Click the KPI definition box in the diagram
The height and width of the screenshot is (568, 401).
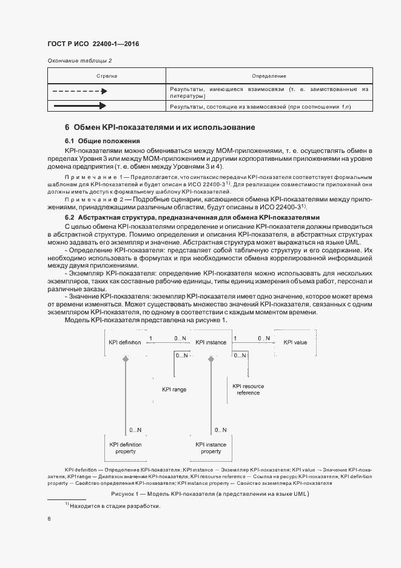(x=125, y=342)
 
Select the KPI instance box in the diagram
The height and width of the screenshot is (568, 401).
(x=211, y=342)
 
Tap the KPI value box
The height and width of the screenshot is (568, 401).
(x=295, y=342)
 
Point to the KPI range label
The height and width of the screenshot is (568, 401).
(x=174, y=390)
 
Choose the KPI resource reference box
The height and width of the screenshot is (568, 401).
(x=247, y=389)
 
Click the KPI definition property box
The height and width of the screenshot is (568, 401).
(x=126, y=448)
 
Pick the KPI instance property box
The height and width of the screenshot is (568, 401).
(x=211, y=448)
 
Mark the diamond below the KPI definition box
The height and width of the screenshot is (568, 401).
(x=126, y=359)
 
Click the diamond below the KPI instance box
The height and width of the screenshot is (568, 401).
(x=211, y=359)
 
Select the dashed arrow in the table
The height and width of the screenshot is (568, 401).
(x=79, y=92)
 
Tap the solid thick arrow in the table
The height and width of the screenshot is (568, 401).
(x=79, y=107)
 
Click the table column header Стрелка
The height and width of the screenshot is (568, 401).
(x=107, y=76)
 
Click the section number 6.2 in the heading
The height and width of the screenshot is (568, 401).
(x=69, y=217)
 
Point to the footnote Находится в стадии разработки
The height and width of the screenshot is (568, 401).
(x=115, y=505)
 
